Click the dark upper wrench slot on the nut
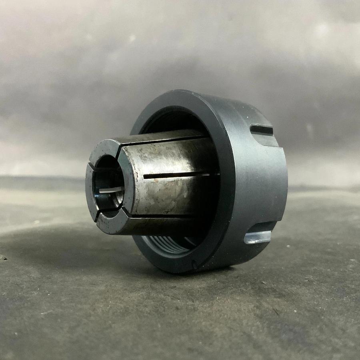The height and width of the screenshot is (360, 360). click(x=262, y=130)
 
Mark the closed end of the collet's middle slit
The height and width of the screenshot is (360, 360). click(x=144, y=176)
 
